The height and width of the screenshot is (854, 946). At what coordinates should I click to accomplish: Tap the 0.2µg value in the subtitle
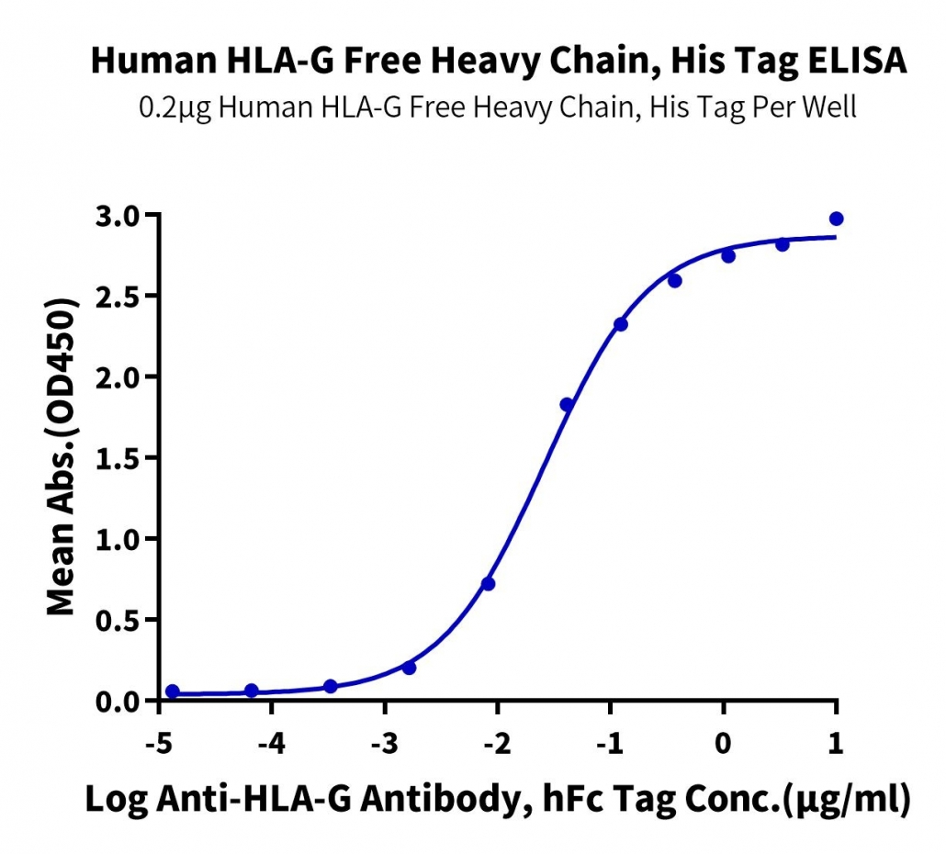coord(175,108)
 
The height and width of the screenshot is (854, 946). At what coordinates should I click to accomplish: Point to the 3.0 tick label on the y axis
coord(117,215)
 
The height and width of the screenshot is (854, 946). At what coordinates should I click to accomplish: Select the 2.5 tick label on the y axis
coord(117,296)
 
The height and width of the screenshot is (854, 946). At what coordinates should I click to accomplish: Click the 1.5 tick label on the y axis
coord(117,458)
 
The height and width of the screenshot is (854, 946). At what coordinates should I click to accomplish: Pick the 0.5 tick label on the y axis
coord(117,620)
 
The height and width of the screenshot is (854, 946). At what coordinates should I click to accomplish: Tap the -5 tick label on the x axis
coord(159,744)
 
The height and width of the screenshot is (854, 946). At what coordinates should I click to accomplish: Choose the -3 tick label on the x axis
coord(385,744)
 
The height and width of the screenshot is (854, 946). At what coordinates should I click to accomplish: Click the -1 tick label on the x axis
coord(610,744)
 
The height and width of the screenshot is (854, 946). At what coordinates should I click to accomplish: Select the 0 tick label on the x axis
coord(723,744)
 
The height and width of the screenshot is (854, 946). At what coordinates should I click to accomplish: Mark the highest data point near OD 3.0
coord(836,219)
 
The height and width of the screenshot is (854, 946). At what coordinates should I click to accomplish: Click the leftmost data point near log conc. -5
coord(173,691)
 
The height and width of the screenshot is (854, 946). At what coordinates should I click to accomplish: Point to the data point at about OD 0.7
coord(488,584)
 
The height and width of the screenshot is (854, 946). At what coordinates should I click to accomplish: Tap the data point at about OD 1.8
coord(567,405)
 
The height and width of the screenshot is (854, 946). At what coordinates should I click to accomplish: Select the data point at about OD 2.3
coord(621,324)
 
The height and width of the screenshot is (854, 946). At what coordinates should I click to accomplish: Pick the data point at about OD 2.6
coord(675,280)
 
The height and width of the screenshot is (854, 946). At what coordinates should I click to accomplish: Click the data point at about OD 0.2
coord(409,668)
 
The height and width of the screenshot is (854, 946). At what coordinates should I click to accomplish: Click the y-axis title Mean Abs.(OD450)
coord(62,456)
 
